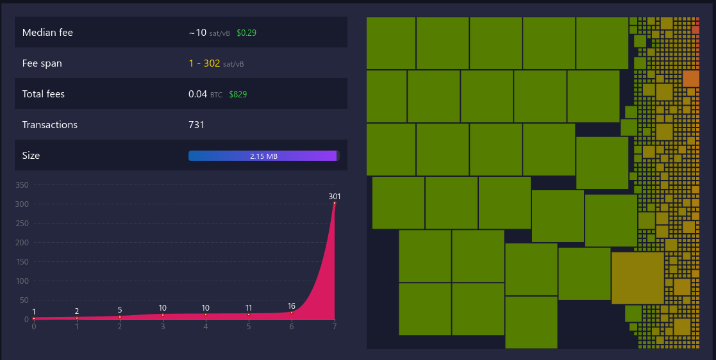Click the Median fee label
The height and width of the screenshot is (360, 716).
pos(47,33)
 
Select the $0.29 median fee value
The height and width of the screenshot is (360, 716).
pos(246,33)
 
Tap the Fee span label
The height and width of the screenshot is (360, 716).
pos(42,63)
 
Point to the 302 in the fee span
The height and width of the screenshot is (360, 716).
pos(212,63)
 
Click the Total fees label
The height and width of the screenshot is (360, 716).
pos(44,94)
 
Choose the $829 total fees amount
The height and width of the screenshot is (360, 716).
pos(238,94)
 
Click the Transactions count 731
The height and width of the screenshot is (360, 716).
pos(196,125)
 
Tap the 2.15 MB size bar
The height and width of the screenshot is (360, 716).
pos(263,156)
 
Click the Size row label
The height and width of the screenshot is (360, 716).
pos(31,156)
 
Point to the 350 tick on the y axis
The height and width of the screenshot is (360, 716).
pos(22,185)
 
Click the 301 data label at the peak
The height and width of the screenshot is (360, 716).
pos(335,196)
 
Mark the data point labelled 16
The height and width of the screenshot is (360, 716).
pos(292,313)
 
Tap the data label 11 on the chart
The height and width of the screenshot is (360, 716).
pos(249,308)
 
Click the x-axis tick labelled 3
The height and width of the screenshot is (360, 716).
pos(163,327)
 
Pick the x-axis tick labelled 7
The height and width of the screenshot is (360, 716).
pos(335,327)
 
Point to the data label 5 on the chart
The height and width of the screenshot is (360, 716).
pos(120,310)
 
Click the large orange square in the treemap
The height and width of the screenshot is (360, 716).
pos(691,79)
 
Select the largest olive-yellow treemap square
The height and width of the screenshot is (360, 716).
pos(638,278)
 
